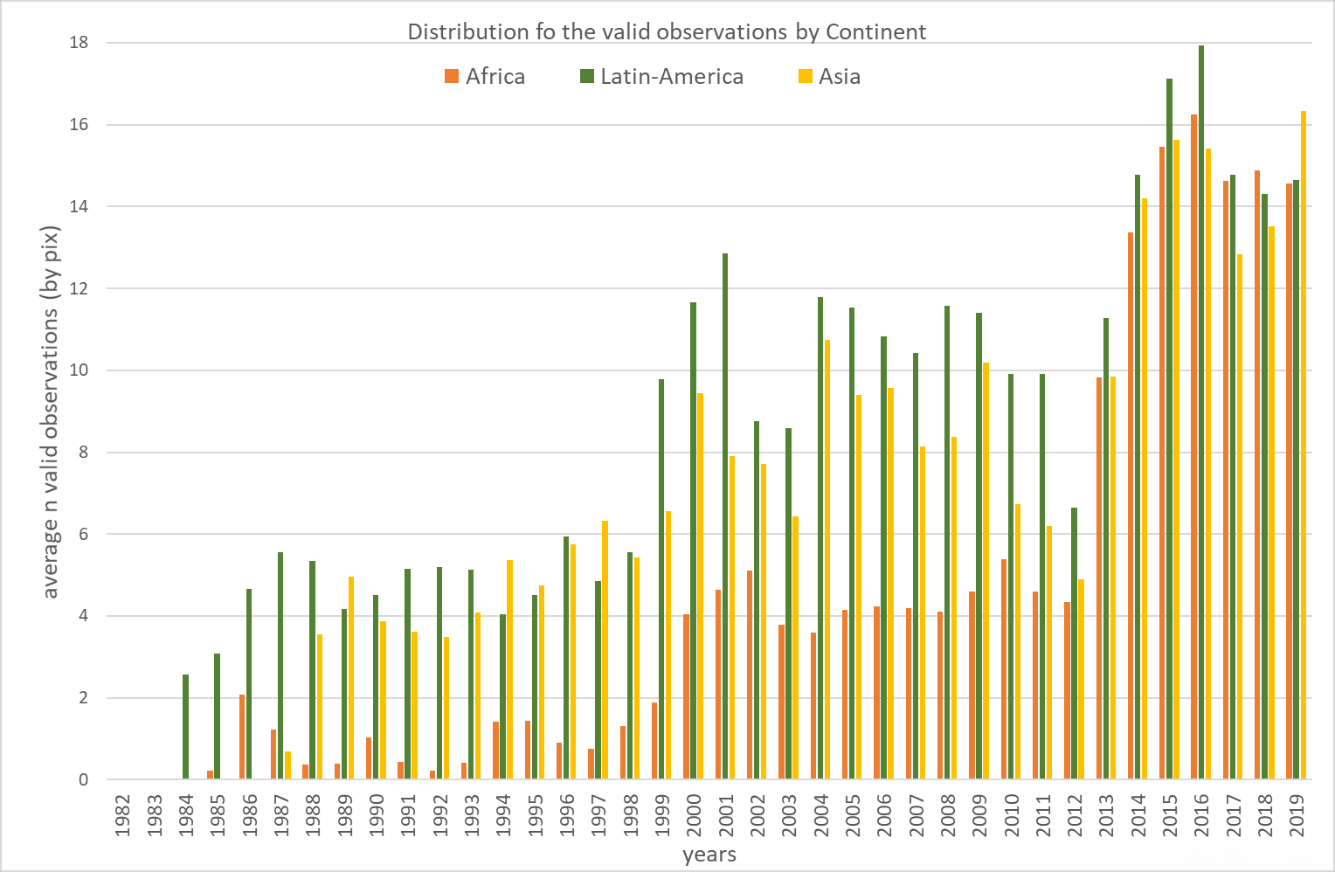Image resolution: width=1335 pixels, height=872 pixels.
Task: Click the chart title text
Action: click(x=667, y=32)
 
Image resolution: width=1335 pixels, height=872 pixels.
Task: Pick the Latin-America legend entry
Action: click(x=661, y=77)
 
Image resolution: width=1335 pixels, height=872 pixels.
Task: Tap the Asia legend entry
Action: click(x=829, y=77)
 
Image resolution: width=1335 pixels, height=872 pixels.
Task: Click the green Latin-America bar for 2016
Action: click(x=1201, y=411)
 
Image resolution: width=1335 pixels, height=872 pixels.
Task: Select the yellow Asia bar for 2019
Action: click(x=1304, y=446)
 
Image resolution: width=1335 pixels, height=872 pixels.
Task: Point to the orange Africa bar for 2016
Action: click(x=1194, y=446)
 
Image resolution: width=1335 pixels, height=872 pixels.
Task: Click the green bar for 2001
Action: click(x=725, y=516)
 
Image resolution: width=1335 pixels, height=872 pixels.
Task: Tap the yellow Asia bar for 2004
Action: click(x=827, y=559)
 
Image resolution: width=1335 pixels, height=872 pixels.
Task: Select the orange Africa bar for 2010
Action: click(x=1004, y=669)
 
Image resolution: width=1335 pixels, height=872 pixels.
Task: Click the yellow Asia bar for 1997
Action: click(x=605, y=650)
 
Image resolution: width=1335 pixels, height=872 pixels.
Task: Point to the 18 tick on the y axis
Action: click(x=79, y=43)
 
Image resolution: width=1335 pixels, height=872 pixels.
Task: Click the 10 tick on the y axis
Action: click(x=79, y=370)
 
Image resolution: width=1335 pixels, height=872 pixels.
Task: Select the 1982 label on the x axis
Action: click(x=123, y=814)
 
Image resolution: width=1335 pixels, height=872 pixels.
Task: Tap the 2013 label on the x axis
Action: click(x=1107, y=814)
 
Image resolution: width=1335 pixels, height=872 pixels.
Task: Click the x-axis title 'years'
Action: click(x=709, y=855)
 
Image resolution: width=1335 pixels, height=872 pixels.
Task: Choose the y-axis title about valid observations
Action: click(x=51, y=411)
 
